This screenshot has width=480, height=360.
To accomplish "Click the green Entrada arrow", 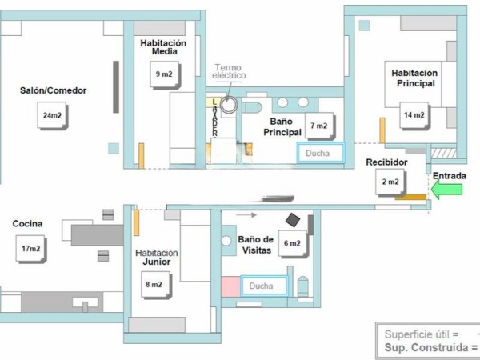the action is coord(446,190).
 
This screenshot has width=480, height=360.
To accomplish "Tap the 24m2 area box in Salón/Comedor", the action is coord(53,116).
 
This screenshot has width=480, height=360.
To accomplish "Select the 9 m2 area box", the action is coord(165,74).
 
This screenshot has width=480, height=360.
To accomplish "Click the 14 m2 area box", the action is coord(414,116).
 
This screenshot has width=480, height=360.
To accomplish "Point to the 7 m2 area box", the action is coord(319,126).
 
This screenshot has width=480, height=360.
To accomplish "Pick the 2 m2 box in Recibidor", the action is coord(390,182).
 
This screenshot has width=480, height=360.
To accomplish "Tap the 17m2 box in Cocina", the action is coord(31,249).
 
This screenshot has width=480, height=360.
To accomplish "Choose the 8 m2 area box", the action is coord(156,285).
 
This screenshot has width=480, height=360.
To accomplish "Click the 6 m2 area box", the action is coord(293,244).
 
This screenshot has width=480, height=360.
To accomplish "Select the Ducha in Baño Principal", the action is coord(321,153).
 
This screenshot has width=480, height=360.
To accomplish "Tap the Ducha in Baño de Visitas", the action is coord(264,286).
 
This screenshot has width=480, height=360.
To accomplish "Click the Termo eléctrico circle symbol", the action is coord(229,105).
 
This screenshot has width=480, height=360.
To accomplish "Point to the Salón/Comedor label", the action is coord(54,90).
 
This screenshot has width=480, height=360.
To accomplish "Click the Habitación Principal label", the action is coord(414,78).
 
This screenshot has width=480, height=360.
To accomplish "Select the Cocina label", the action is coord(27,224).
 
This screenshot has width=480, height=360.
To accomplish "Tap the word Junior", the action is coord(157,262).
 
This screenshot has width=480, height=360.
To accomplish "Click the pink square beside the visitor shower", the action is coord(230,287).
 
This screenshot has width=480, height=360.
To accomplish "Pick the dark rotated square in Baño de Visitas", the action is coord(293,220).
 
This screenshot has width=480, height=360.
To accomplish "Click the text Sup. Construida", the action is coord(426,348).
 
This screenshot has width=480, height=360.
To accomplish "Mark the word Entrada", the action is coord(450,176).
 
